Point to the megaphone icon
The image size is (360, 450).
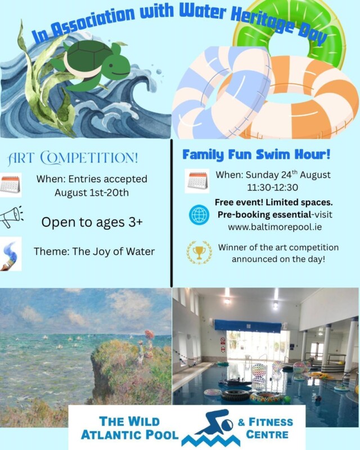(11, 217)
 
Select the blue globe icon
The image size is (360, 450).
(199, 214)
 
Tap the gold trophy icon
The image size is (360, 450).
(199, 253)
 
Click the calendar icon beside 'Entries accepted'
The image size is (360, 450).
(11, 184)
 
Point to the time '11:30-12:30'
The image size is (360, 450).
(264, 187)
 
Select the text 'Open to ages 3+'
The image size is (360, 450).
(92, 222)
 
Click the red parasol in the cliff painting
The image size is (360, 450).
(148, 333)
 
